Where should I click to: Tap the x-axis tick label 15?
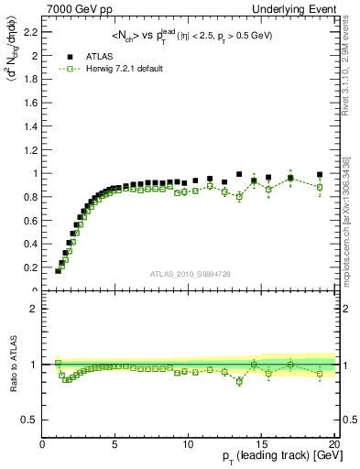pyautogui.click(x=261, y=445)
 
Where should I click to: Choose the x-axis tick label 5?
pyautogui.click(x=115, y=445)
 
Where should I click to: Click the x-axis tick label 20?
pyautogui.click(x=333, y=445)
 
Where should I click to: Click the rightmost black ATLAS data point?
pyautogui.click(x=320, y=175)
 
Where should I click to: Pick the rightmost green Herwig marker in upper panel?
pyautogui.click(x=320, y=187)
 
